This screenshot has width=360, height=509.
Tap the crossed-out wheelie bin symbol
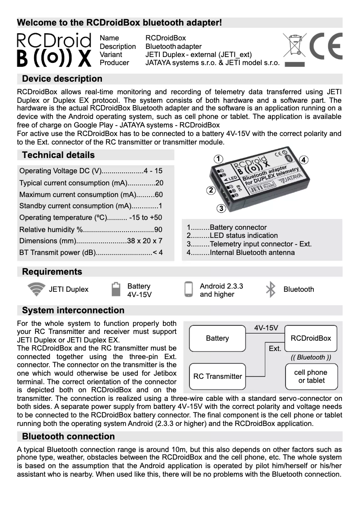pyautogui.click(x=294, y=47)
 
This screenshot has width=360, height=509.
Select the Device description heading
pyautogui.click(x=62, y=79)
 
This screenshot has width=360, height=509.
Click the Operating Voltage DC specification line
pyautogui.click(x=91, y=171)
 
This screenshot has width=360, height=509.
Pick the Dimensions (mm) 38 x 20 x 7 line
pyautogui.click(x=91, y=241)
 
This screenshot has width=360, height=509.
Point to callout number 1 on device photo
pyautogui.click(x=218, y=159)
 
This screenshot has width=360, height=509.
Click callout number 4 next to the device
pyautogui.click(x=304, y=160)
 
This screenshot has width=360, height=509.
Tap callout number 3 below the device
pyautogui.click(x=221, y=208)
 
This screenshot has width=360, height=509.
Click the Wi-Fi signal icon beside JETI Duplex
pyautogui.click(x=36, y=290)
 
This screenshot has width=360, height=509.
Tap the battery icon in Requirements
pyautogui.click(x=116, y=290)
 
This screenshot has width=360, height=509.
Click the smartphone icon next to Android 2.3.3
pyautogui.click(x=189, y=290)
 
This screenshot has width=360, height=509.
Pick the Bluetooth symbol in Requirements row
pyautogui.click(x=270, y=290)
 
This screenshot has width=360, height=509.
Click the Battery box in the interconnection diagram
pyautogui.click(x=217, y=338)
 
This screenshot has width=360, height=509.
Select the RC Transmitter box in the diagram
pyautogui.click(x=217, y=377)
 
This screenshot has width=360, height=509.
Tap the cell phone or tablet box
pyautogui.click(x=311, y=377)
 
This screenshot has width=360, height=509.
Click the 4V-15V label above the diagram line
pyautogui.click(x=266, y=328)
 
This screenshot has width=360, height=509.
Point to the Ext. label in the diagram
pyautogui.click(x=275, y=349)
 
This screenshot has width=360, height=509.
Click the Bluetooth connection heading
pyautogui.click(x=68, y=437)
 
